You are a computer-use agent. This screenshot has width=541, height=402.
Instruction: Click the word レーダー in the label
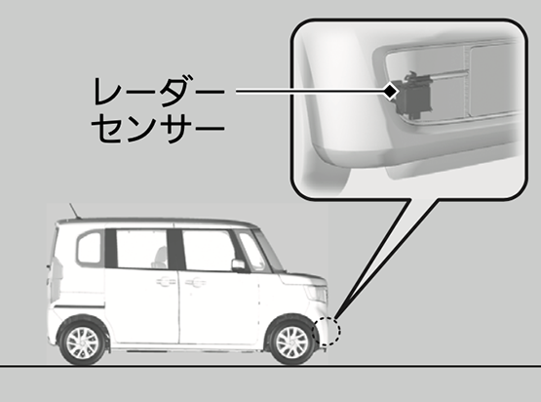pyautogui.click(x=160, y=91)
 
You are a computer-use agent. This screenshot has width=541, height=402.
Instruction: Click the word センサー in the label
pyautogui.click(x=158, y=128)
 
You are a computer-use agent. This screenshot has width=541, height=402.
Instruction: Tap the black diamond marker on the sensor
pyautogui.click(x=391, y=92)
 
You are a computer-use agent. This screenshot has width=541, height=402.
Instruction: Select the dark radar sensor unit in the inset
pyautogui.click(x=413, y=93)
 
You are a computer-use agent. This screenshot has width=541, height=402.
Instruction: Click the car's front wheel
pyautogui.click(x=291, y=341)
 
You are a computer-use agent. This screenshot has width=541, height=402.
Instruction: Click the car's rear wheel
pyautogui.click(x=83, y=342)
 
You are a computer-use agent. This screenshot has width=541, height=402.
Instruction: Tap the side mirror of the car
pyautogui.click(x=239, y=265)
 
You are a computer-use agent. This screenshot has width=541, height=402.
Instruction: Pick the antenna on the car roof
pyautogui.click(x=74, y=211)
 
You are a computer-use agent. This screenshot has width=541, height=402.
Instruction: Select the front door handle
pyautogui.click(x=196, y=283)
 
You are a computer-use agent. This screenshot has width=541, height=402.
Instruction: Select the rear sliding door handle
pyautogui.click(x=166, y=282)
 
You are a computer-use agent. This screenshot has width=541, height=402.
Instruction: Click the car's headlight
pyautogui.click(x=318, y=295)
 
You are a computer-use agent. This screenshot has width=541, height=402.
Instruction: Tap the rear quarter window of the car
pyautogui.click(x=90, y=248)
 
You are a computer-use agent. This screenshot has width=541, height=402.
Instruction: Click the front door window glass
pyautogui.click(x=208, y=250)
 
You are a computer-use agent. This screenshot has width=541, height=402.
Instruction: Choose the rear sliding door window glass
pyautogui.click(x=141, y=249)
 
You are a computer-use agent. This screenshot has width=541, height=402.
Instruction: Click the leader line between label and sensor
pyautogui.click(x=310, y=92)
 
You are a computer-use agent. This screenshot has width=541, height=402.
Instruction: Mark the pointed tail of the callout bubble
pyautogui.click(x=334, y=317)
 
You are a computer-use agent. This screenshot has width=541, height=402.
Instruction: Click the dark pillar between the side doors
pyautogui.click(x=175, y=250)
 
